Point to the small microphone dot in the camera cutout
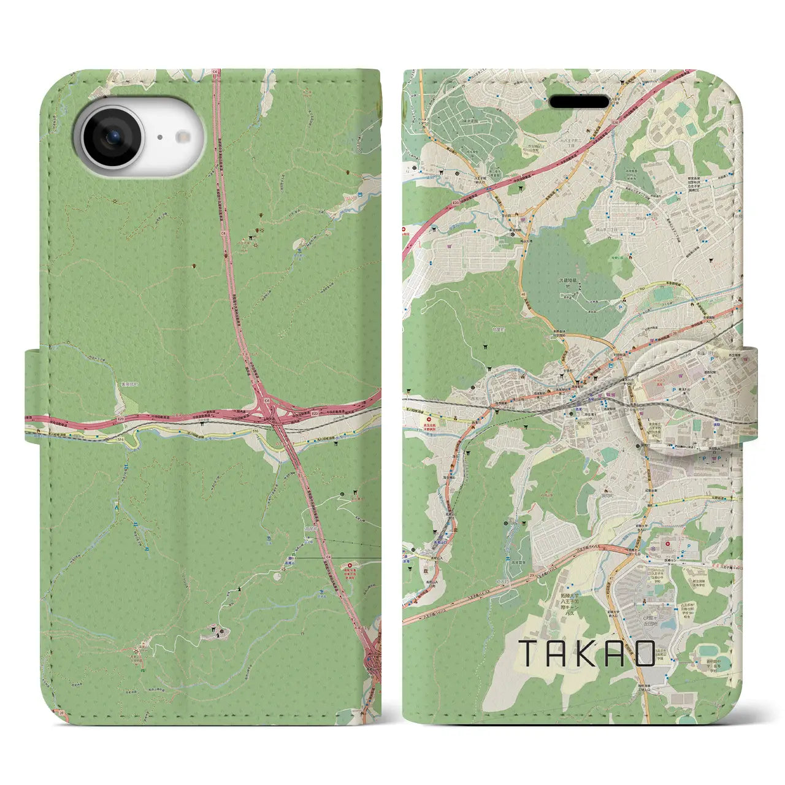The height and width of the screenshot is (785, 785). click(159, 138)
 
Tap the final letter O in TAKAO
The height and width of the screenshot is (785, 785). click(645, 654)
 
